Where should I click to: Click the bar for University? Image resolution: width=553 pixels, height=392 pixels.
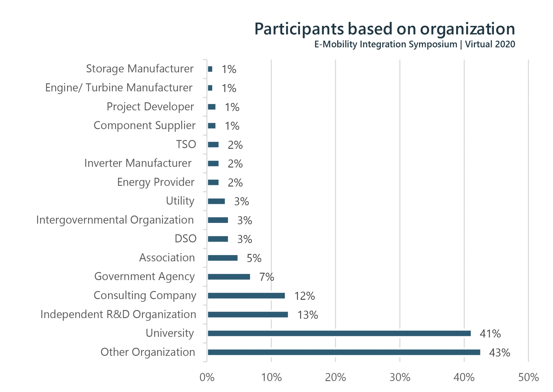[x=339, y=334]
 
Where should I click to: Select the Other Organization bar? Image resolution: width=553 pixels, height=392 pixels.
[x=344, y=352]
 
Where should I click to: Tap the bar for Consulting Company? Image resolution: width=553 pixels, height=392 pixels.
[x=246, y=296]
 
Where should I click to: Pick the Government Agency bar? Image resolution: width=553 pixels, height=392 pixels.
[x=229, y=277]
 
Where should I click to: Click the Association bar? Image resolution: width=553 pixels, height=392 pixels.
[x=223, y=258]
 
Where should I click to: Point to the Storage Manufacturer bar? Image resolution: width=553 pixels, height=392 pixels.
[x=210, y=69]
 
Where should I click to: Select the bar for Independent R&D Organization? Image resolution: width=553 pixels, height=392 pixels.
[x=248, y=315]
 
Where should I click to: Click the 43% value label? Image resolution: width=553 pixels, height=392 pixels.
[x=499, y=353]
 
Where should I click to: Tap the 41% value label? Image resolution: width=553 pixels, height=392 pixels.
[x=490, y=334]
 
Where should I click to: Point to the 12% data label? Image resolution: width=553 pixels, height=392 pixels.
[x=304, y=296]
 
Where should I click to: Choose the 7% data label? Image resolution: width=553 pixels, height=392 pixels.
[x=267, y=277]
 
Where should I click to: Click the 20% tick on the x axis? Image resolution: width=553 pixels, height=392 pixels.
[x=335, y=377]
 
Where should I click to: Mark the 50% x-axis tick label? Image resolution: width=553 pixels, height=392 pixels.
[x=528, y=377]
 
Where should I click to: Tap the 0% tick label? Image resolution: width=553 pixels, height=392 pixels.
[x=207, y=377]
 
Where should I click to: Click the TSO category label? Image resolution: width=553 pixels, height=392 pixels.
[x=186, y=144]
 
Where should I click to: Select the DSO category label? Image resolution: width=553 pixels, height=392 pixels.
[x=185, y=239]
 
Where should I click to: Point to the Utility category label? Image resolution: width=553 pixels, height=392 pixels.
[x=180, y=201]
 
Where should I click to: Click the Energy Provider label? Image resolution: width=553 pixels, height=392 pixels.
[x=156, y=182]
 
